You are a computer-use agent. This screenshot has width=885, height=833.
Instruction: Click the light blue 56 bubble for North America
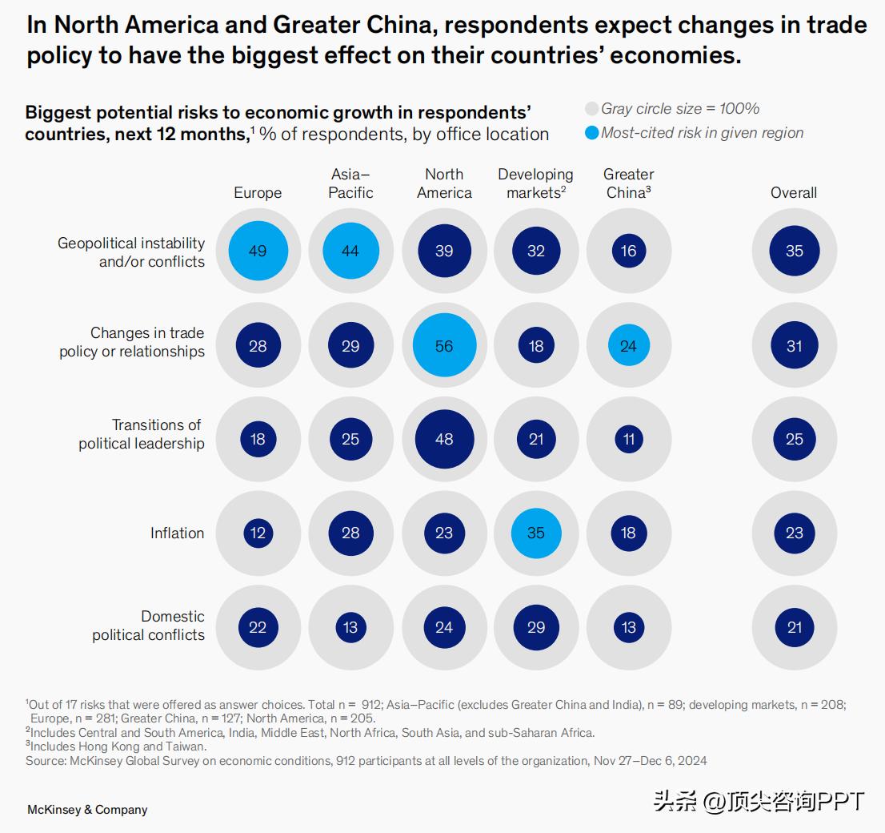click(444, 346)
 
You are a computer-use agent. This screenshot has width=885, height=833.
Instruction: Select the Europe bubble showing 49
click(258, 251)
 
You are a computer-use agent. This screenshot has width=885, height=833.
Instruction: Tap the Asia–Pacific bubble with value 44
click(350, 251)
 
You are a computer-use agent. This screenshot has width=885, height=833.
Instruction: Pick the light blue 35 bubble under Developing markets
click(536, 533)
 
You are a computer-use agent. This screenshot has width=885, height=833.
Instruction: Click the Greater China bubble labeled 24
click(629, 346)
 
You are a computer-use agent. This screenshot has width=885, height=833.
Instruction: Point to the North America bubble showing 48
click(444, 439)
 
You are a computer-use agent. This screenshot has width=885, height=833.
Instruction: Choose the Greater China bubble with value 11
click(629, 439)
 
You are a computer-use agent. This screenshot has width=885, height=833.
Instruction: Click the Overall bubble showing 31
click(794, 346)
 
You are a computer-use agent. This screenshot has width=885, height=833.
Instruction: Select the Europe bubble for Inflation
click(258, 533)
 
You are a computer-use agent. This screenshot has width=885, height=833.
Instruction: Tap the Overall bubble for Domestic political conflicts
click(794, 627)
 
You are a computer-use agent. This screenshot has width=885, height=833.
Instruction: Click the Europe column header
click(258, 193)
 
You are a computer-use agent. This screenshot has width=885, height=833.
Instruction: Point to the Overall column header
click(794, 193)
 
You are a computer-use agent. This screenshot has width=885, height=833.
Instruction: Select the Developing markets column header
click(535, 183)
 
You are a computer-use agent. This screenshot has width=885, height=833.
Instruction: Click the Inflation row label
click(177, 533)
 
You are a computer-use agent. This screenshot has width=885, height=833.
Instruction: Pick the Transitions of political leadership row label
click(142, 434)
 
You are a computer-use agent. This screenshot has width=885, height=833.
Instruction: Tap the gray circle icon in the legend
click(592, 109)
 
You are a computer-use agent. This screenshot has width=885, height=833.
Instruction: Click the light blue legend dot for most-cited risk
click(592, 133)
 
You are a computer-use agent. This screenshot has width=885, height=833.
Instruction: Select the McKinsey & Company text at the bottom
click(87, 809)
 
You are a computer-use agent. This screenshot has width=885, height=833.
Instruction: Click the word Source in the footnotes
click(44, 760)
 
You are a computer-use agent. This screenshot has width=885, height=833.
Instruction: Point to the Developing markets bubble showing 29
click(536, 627)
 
